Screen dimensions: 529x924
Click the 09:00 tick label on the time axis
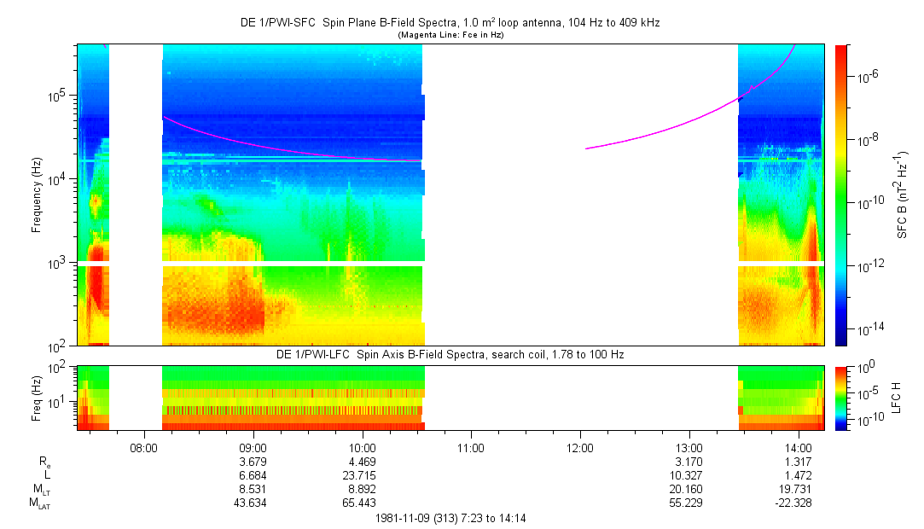point(253,446)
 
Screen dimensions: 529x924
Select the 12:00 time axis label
point(580,446)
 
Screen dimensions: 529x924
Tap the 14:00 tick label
point(799,446)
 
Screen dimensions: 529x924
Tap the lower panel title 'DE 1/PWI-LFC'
point(450,353)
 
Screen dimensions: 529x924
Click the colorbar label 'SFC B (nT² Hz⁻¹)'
point(903,195)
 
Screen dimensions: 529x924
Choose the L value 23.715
point(363,475)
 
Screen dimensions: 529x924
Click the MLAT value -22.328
point(799,503)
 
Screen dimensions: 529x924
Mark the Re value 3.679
point(253,462)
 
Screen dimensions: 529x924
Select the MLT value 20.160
point(689,489)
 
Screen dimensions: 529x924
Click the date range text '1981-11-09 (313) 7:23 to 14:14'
point(455,518)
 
